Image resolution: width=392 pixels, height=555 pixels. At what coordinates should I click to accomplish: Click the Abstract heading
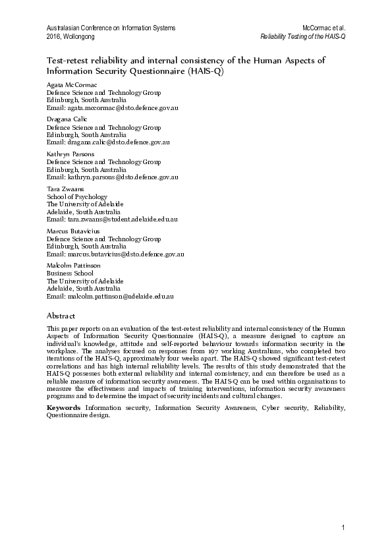click(61, 315)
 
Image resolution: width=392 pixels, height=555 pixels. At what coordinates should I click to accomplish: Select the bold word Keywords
click(64, 408)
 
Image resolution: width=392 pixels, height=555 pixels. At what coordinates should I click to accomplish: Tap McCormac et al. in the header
click(324, 28)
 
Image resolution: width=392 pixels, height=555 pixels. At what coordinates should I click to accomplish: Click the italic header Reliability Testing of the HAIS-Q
click(303, 36)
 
